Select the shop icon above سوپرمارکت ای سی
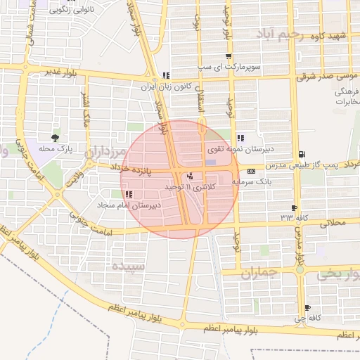click(x=228, y=57)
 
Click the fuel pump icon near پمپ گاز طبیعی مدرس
click(x=302, y=154)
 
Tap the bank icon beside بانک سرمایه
click(x=251, y=171)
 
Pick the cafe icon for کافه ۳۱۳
click(x=294, y=207)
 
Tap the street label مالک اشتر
click(x=86, y=110)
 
